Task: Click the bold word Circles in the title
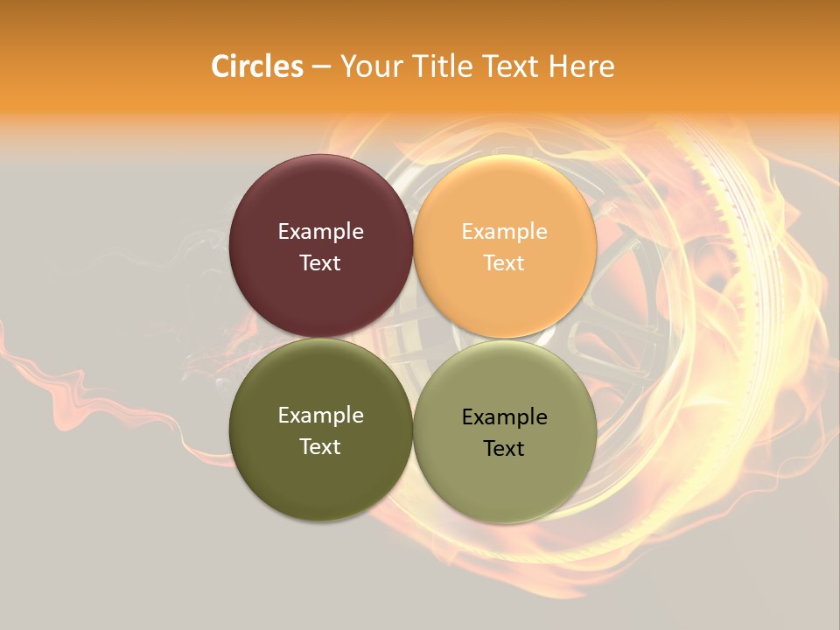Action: pos(257,66)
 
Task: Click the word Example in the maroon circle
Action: pos(320,232)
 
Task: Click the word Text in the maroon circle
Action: pos(320,262)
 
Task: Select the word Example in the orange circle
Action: pos(505,232)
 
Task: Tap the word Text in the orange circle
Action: pos(505,262)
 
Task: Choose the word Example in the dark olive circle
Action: pos(320,416)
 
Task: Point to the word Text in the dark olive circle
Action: pos(320,446)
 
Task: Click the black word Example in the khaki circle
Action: pos(505,417)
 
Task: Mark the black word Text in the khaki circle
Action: pos(505,448)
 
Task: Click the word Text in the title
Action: pos(511,66)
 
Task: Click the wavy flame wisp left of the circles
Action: pos(70,385)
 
